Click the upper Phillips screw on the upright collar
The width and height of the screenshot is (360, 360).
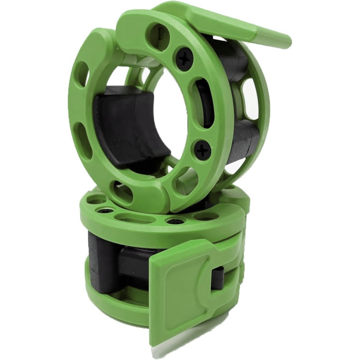tap(184, 58)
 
